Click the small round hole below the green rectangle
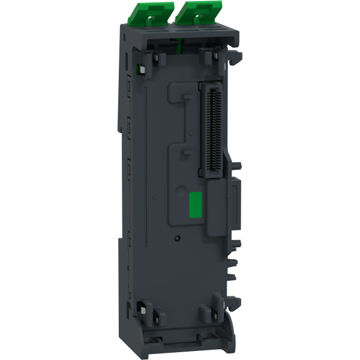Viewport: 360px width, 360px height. coord(178,238)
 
